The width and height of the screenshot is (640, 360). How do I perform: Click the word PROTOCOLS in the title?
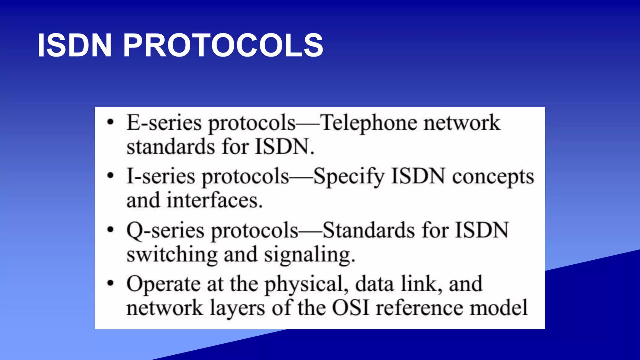pyautogui.click(x=223, y=46)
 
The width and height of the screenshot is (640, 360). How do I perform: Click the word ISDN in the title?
pyautogui.click(x=74, y=46)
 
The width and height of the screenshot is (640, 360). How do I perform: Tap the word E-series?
pyautogui.click(x=164, y=122)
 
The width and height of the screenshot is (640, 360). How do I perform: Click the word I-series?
pyautogui.click(x=161, y=176)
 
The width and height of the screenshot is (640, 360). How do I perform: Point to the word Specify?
pyautogui.click(x=349, y=177)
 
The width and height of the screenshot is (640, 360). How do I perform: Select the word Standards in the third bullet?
pyautogui.click(x=369, y=230)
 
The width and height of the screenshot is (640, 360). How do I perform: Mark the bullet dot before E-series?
pyautogui.click(x=110, y=122)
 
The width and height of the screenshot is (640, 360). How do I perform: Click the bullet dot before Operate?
pyautogui.click(x=110, y=283)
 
